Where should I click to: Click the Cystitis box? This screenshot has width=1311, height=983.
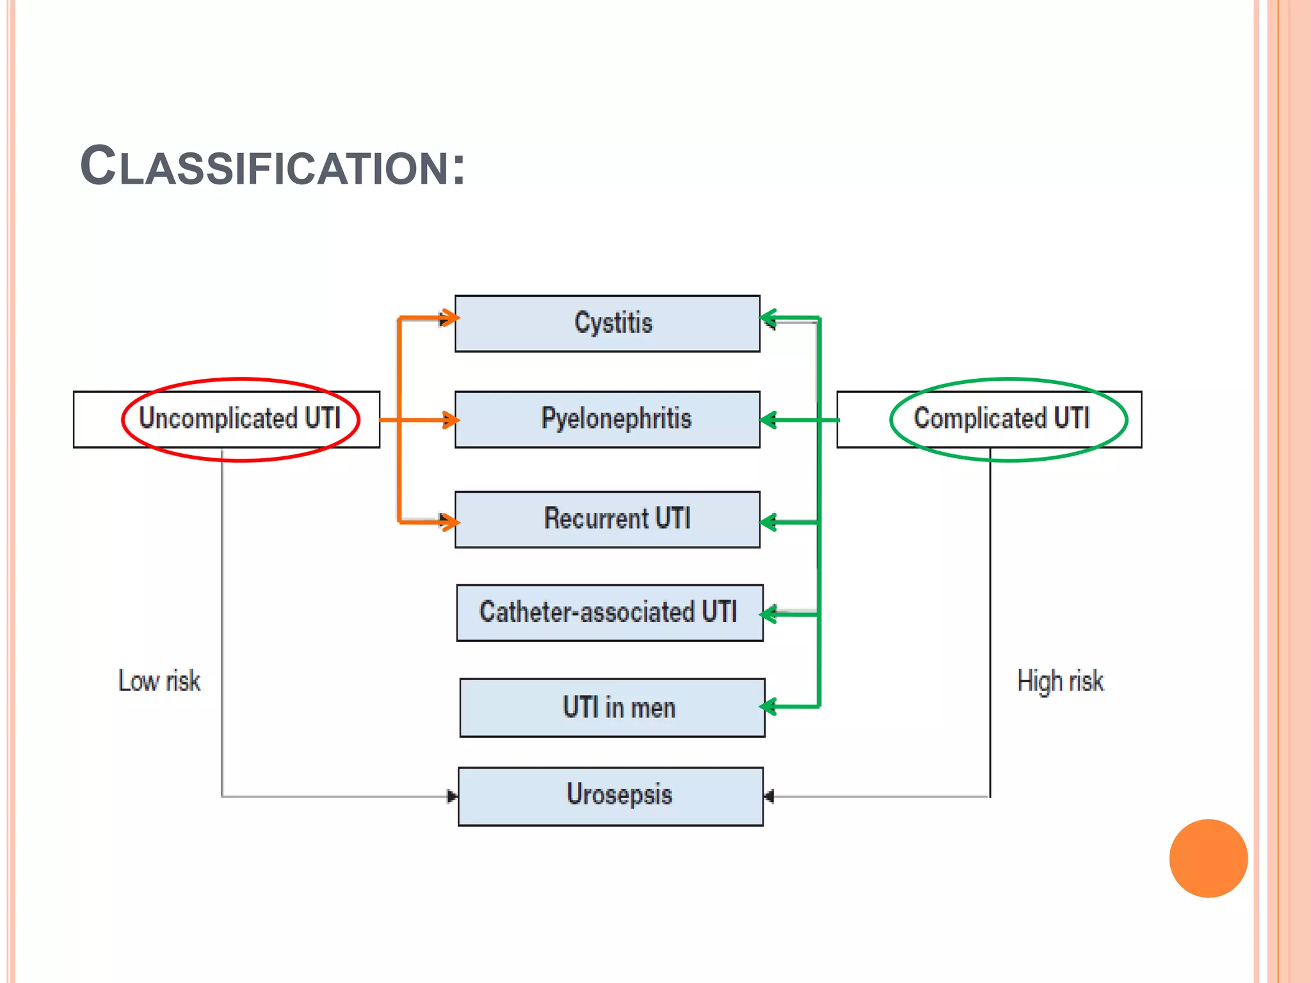[x=607, y=323]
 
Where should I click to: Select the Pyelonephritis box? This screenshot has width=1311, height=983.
[x=607, y=419]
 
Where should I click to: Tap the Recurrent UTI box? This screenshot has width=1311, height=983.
[x=607, y=519]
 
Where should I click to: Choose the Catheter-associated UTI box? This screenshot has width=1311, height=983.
[x=609, y=612]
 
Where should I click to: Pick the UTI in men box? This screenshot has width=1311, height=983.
[x=612, y=708]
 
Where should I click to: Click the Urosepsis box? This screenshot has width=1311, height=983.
[x=610, y=796]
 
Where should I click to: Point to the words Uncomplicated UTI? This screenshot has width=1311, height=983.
[x=239, y=419]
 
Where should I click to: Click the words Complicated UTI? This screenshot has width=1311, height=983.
[x=1001, y=419]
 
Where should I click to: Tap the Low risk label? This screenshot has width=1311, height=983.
[x=159, y=681]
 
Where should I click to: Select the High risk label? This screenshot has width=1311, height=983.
[x=1060, y=681]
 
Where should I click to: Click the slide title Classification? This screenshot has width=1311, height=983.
[x=273, y=166]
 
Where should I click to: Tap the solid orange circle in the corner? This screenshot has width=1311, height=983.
[x=1208, y=858]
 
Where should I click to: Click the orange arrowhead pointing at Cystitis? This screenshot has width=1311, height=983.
[x=451, y=317]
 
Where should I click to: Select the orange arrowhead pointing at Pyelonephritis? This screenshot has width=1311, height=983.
[x=451, y=420]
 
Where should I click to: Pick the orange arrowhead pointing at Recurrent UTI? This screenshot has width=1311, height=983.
[x=451, y=522]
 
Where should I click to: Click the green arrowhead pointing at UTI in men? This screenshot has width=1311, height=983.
[x=768, y=707]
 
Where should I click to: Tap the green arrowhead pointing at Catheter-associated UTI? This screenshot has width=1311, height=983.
[x=768, y=614]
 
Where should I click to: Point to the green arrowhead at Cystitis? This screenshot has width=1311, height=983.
[x=768, y=317]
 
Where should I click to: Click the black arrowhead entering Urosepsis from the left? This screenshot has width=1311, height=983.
[x=453, y=796]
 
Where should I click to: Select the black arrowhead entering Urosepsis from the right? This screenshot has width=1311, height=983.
[x=769, y=796]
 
